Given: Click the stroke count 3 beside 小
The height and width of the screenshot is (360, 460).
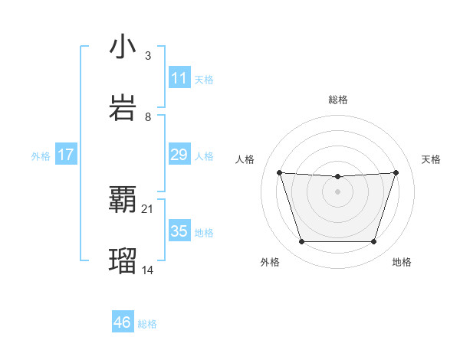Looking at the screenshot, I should [147, 55].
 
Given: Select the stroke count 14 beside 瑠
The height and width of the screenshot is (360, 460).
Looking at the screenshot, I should [148, 270].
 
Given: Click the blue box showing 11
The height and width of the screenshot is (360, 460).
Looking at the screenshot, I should [179, 78].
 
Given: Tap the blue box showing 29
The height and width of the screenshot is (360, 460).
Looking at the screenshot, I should [179, 155].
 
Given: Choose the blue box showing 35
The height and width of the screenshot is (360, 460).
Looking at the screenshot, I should [179, 231].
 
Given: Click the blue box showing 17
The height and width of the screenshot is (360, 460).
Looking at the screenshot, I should [66, 155].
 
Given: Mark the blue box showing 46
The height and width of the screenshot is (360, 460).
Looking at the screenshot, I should [122, 322].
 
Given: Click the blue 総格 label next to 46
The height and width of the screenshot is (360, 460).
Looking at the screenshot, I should [147, 324].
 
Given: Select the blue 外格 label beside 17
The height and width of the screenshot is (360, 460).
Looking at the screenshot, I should [41, 156].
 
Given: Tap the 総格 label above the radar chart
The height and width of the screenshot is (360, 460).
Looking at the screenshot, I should [338, 100].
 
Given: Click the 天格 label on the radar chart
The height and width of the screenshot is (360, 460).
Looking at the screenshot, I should [432, 159].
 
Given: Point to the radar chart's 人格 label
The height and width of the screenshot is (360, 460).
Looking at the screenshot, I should [245, 159].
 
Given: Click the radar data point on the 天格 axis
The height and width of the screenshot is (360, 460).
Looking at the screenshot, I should [396, 173].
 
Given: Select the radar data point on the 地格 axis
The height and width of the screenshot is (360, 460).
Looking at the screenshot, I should [373, 242].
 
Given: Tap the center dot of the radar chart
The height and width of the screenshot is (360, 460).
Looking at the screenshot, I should [337, 191].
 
